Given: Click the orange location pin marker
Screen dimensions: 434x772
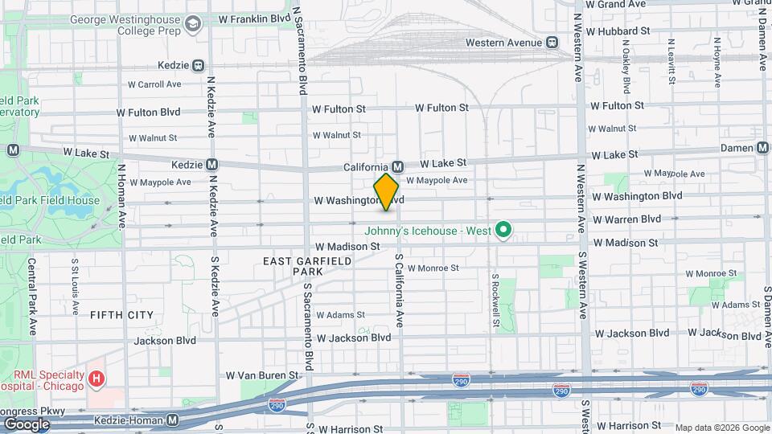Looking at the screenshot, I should (x=387, y=191).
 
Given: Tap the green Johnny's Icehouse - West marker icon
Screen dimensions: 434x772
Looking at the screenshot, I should (x=503, y=231).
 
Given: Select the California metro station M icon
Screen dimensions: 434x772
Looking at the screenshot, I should (x=397, y=166).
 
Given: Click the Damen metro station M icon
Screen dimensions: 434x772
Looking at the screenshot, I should (x=763, y=147).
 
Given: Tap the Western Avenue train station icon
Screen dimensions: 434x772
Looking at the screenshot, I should (x=552, y=43).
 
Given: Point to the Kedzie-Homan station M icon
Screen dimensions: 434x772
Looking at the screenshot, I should (x=173, y=420).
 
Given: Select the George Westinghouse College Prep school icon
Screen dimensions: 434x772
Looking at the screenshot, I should (x=192, y=26).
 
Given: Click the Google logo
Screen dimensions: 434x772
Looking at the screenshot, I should (x=27, y=424).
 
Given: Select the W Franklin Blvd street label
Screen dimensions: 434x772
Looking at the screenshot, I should (x=254, y=17).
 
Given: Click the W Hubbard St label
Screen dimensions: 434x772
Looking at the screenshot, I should (x=618, y=31).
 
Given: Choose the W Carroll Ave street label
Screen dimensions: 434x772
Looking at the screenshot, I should (x=154, y=84).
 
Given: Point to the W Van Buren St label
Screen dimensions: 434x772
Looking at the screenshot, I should (x=262, y=375).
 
